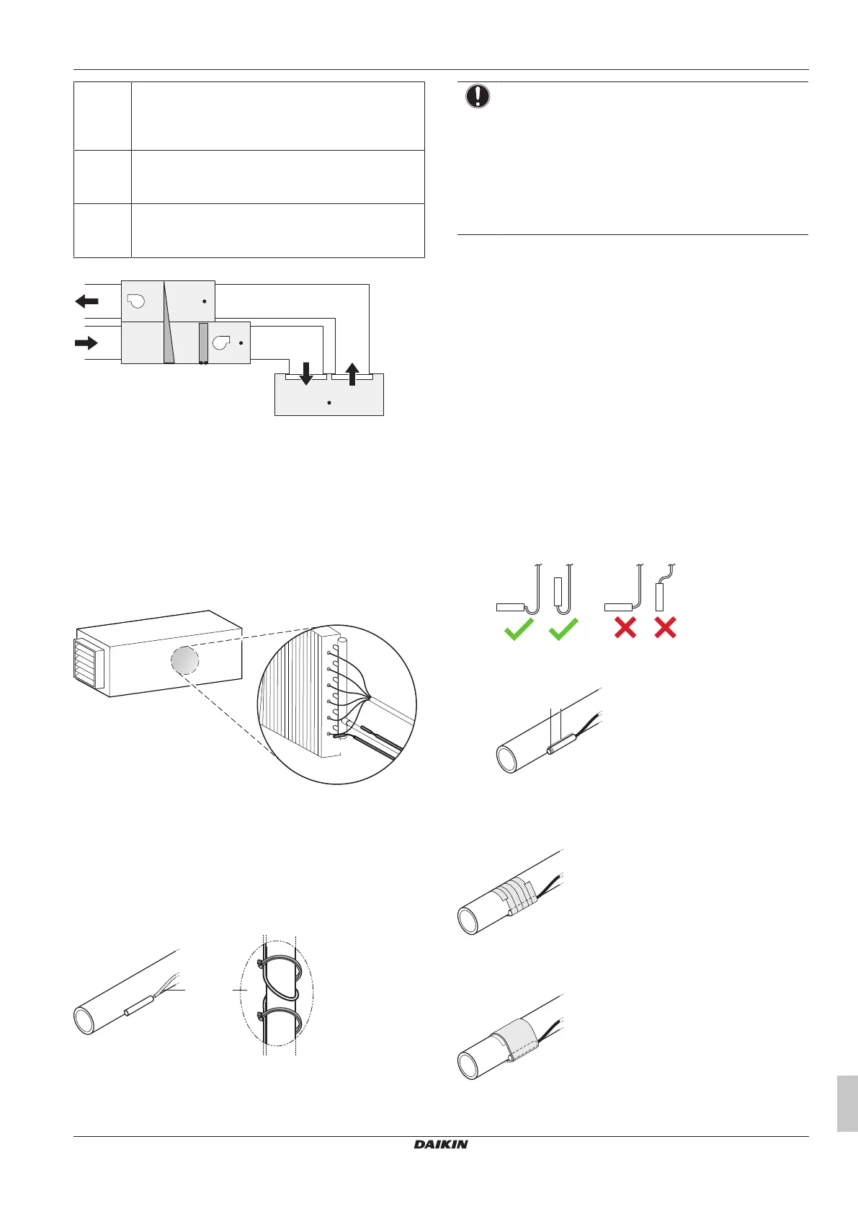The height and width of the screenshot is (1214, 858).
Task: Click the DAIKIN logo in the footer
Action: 440,1144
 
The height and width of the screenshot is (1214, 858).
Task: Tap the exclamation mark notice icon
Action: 477,97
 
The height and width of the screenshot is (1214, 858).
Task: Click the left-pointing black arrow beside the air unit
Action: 86,301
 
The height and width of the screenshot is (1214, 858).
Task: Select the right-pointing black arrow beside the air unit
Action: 86,342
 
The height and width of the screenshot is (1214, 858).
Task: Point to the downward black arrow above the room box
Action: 306,374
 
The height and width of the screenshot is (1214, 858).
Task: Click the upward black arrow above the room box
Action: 352,374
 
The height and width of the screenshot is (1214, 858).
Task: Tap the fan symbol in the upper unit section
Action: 136,301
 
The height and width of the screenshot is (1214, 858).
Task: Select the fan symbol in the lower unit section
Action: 221,342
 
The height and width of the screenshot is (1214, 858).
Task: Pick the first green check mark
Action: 519,629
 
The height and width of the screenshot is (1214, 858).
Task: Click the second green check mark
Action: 563,629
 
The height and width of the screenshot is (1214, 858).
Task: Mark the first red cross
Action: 625,628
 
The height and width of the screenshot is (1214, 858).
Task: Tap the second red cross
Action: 665,628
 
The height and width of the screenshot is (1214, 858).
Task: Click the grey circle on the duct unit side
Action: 184,660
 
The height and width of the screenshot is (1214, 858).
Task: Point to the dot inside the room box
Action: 329,403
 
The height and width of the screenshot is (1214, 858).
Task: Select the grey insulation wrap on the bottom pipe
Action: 514,1039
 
